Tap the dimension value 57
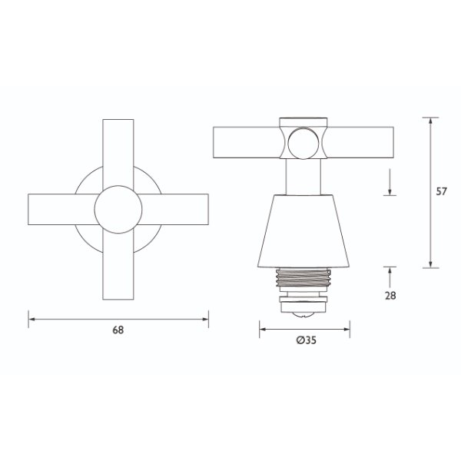point(441,192)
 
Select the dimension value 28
point(392,295)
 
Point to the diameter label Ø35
point(306,342)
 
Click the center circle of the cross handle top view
point(118,208)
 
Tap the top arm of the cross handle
point(118,150)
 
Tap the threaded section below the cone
point(305,278)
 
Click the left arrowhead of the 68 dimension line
point(32,317)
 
